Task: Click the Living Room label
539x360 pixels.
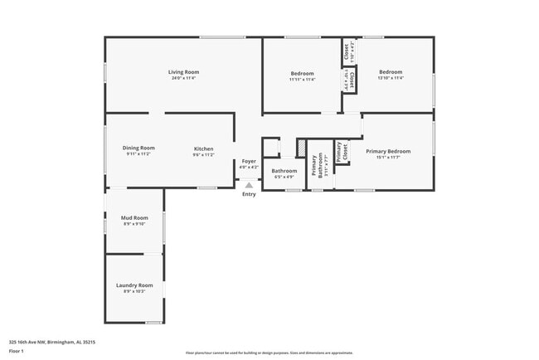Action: pos(183,72)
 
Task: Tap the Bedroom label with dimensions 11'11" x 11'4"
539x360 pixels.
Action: pos(302,72)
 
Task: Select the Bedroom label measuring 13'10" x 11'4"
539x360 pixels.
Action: pos(391,72)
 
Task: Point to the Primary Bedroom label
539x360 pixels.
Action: pos(388,151)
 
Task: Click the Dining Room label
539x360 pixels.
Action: pos(138,148)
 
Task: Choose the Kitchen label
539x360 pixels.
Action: pos(203,148)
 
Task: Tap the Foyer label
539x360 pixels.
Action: pos(249,161)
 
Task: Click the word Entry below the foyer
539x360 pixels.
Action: pos(249,194)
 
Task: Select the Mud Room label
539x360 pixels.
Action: pos(134,217)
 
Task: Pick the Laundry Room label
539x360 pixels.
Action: pos(134,285)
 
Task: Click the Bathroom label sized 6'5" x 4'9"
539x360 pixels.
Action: pos(284,171)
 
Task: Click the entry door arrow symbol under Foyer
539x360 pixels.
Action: pos(249,184)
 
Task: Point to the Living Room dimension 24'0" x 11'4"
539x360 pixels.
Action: pos(183,79)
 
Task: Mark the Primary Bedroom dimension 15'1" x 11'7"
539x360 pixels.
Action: pos(388,158)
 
